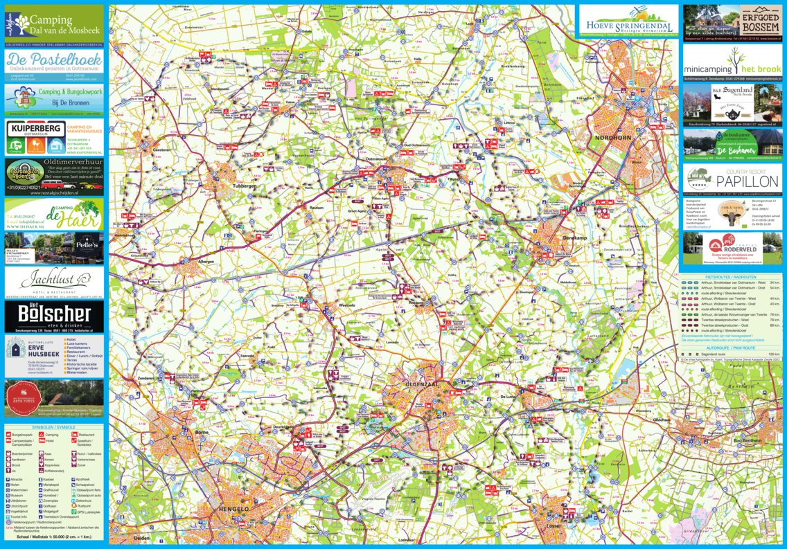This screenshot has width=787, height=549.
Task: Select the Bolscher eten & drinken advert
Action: [54, 316]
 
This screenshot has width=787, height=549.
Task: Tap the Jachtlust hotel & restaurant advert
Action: [54, 280]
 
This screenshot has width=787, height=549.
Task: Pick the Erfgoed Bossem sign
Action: [760, 19]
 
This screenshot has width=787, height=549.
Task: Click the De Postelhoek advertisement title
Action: [54, 60]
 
